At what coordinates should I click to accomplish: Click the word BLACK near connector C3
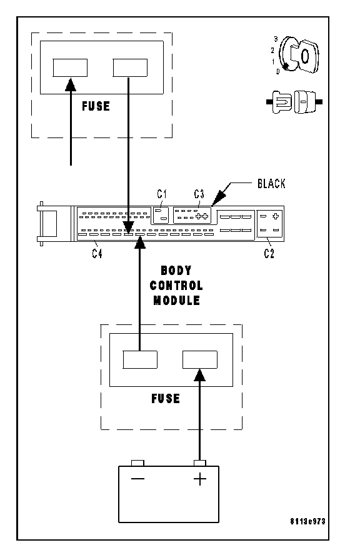pos(271,184)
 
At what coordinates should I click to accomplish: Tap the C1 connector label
pos(162,194)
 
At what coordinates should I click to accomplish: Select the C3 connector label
pos(199,194)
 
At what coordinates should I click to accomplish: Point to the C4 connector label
pos(97,253)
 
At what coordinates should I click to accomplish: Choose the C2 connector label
pos(269,253)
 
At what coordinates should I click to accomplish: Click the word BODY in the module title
pos(176,271)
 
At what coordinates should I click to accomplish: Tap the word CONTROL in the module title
pos(176,286)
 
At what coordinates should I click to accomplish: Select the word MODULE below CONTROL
pos(176,301)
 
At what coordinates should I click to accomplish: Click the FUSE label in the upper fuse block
pos(96,106)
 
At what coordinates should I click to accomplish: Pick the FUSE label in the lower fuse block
pos(165,399)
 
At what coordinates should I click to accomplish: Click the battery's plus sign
pos(200,479)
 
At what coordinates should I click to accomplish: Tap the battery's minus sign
pos(137,479)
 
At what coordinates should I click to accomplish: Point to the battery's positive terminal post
pos(200,463)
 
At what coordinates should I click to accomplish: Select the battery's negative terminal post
pos(137,463)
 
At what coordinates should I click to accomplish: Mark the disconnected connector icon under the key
pos(294,102)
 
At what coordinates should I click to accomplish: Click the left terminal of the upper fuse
pos(70,67)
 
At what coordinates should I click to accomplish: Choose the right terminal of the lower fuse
pos(200,359)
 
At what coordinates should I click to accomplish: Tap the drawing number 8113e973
pos(307,521)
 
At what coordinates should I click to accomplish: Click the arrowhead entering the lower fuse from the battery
pos(200,375)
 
